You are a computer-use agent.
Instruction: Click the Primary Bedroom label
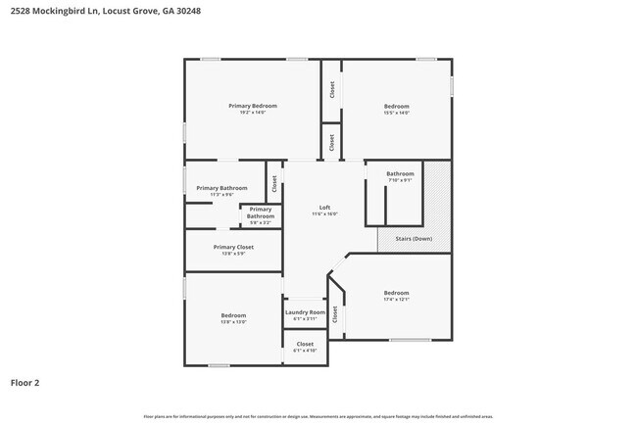pos(253,106)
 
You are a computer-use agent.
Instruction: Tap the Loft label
pos(324,207)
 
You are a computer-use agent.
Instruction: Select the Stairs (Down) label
pos(414,238)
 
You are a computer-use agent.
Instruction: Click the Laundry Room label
pos(305,312)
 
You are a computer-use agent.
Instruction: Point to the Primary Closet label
pos(233,247)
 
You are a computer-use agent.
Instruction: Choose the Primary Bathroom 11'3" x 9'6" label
pos(221,188)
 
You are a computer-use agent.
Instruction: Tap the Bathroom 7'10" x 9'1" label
pos(400,174)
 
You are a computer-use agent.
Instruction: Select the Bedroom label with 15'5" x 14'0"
pos(396,106)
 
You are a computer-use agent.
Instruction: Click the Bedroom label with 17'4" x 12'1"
pos(396,293)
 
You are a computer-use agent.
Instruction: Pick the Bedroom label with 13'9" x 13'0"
pos(233,315)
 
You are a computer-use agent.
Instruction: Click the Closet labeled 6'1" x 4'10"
pos(305,344)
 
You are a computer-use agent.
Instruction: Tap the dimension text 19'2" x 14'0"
pos(253,113)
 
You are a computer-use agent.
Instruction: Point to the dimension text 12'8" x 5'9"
pos(233,254)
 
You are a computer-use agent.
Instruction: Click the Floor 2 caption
pos(24,383)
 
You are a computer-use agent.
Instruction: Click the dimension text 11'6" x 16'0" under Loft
pos(324,213)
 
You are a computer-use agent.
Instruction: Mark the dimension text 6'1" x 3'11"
pos(305,318)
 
